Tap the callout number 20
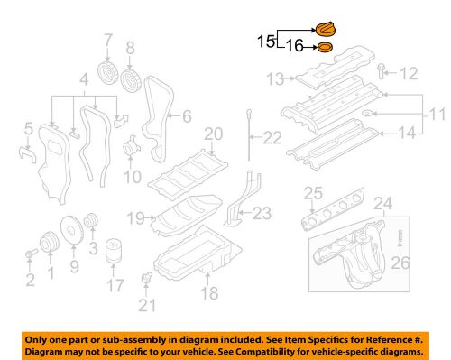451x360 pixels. tap(212, 135)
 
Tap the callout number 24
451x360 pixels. tap(383, 202)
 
